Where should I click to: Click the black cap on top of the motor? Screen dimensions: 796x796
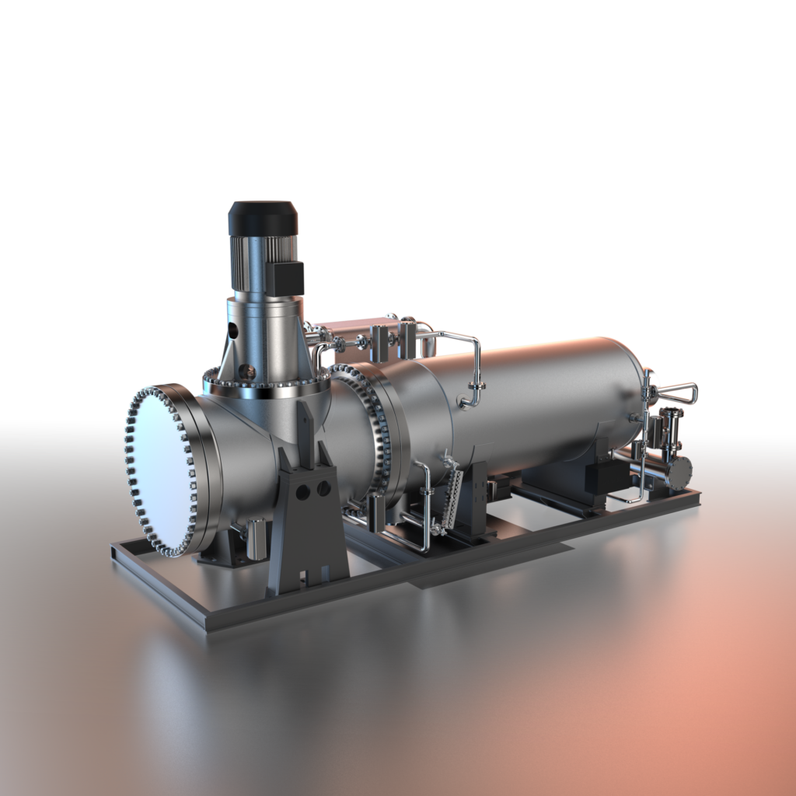click(263, 218)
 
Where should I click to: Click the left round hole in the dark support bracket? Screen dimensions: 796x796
click(303, 491)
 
